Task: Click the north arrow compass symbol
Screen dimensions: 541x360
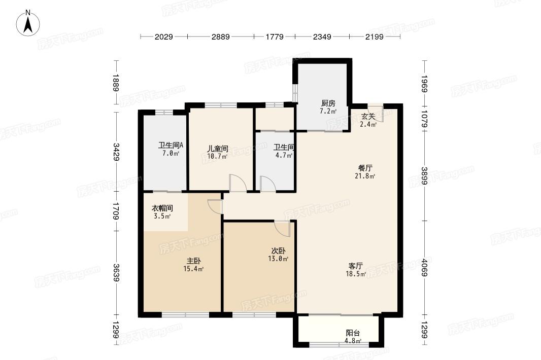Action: pos(28,23)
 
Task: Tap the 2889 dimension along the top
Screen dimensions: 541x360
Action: pos(220,37)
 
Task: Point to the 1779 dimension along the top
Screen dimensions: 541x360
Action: pos(275,37)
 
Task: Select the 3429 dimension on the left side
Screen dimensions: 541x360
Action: pos(116,152)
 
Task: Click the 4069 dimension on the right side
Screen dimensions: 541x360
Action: pos(424,268)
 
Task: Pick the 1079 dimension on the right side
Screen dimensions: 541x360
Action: pos(424,119)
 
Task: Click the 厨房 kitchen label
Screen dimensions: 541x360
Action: pos(328,103)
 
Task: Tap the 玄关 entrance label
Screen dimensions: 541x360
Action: pos(368,117)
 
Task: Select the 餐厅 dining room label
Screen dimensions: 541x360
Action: pos(365,168)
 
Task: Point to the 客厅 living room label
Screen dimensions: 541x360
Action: pos(355,266)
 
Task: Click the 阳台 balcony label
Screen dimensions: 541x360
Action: pos(353,333)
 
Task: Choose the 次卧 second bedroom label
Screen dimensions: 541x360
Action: pos(278,251)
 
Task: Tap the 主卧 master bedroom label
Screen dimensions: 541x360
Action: pos(193,261)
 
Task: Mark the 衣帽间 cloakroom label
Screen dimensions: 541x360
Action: pos(162,208)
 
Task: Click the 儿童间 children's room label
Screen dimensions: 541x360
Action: pos(217,149)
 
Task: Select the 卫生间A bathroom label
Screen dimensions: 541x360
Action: pos(171,146)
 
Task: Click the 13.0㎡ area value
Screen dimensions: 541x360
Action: pos(278,259)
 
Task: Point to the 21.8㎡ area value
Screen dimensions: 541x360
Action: pos(365,176)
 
